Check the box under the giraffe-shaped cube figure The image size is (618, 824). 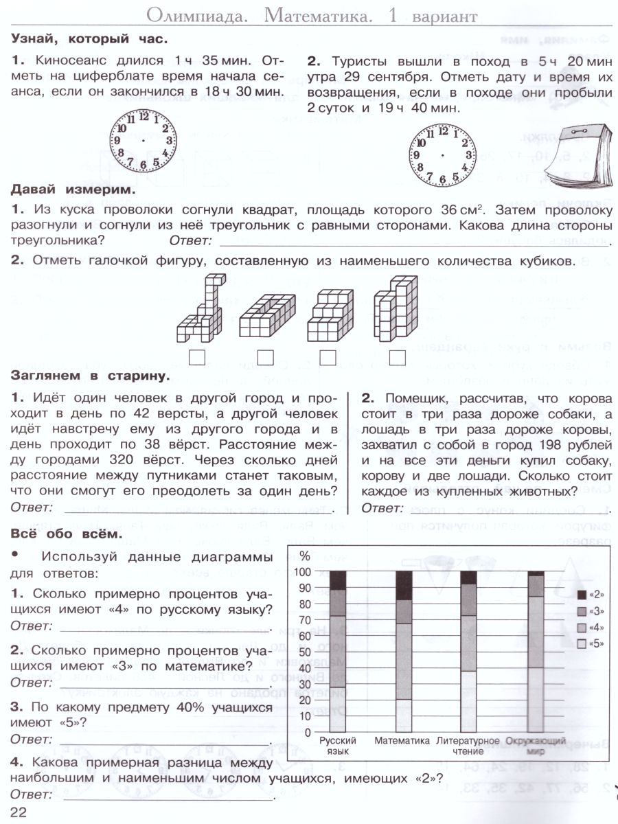(197, 357)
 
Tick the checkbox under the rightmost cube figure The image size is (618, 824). (397, 357)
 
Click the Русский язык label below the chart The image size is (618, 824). (338, 746)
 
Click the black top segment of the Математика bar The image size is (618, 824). (404, 585)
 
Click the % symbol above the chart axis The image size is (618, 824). (306, 556)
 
